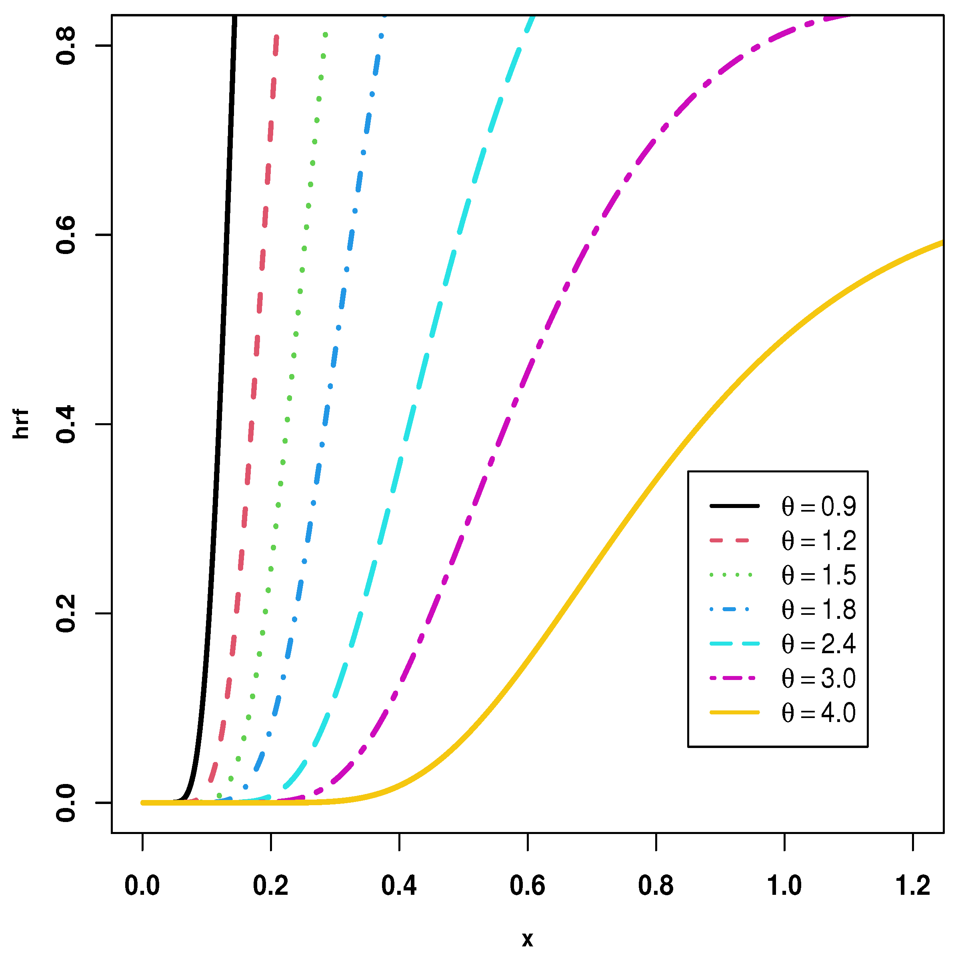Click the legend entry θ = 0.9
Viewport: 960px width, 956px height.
818,507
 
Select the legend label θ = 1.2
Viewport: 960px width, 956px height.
818,541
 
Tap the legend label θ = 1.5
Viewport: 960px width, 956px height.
818,575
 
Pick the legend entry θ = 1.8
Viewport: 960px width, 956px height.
818,610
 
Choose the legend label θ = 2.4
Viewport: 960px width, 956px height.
818,644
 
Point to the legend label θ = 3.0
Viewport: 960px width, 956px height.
818,679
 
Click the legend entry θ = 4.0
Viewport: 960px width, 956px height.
818,713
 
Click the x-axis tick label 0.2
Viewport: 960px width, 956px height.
270,886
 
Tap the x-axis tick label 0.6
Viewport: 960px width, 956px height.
527,886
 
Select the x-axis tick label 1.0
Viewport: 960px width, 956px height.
784,886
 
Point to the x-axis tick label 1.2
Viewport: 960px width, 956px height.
912,886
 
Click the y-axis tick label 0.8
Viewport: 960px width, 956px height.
66,46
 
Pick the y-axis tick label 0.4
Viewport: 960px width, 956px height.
66,425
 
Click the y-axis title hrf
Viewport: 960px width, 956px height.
21,425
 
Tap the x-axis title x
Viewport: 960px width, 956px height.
527,939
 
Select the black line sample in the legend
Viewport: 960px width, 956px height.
734,506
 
